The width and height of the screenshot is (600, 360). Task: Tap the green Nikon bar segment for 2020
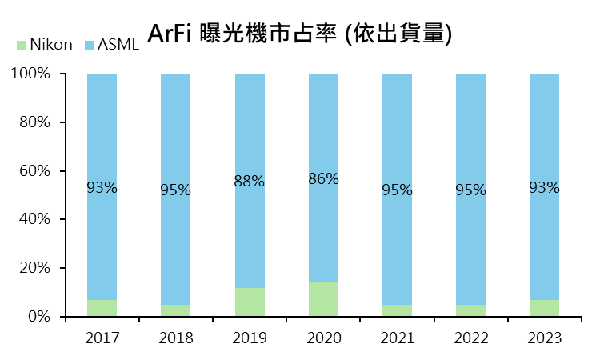tap(323, 299)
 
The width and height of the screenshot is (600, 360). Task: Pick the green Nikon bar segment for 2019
tap(250, 302)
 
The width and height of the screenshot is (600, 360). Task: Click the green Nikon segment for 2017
tap(102, 308)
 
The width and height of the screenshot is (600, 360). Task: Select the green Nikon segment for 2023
tap(544, 308)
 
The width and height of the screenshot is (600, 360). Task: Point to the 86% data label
tap(323, 179)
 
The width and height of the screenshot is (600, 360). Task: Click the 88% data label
tap(250, 182)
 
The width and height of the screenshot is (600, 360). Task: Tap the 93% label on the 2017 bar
tap(102, 188)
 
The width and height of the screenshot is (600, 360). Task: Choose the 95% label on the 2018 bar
tap(175, 190)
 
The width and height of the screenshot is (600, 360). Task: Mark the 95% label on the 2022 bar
tap(470, 190)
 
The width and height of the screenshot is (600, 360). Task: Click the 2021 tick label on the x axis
tap(397, 338)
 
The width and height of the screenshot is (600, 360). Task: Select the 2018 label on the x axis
tap(175, 338)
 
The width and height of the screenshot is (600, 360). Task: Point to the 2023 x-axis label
tap(544, 338)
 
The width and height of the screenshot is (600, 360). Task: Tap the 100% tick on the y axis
tap(31, 74)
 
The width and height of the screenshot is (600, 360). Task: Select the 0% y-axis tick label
tap(38, 317)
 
